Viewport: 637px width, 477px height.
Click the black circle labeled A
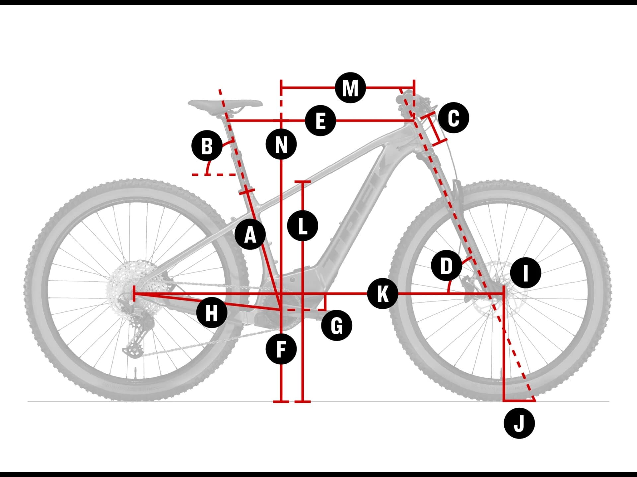click(250, 235)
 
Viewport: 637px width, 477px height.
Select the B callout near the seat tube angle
click(207, 146)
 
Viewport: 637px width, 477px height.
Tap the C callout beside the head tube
click(454, 118)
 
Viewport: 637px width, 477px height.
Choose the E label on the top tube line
click(320, 121)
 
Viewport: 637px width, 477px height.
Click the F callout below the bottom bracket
click(281, 349)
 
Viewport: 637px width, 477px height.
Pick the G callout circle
click(336, 326)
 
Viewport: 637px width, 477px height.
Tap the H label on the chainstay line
click(212, 312)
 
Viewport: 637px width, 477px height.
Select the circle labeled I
click(526, 273)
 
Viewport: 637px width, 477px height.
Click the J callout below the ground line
click(519, 423)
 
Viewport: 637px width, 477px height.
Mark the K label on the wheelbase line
click(383, 293)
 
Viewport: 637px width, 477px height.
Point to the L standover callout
click(303, 226)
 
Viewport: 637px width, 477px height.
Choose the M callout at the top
click(350, 88)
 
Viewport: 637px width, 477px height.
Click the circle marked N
click(281, 144)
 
